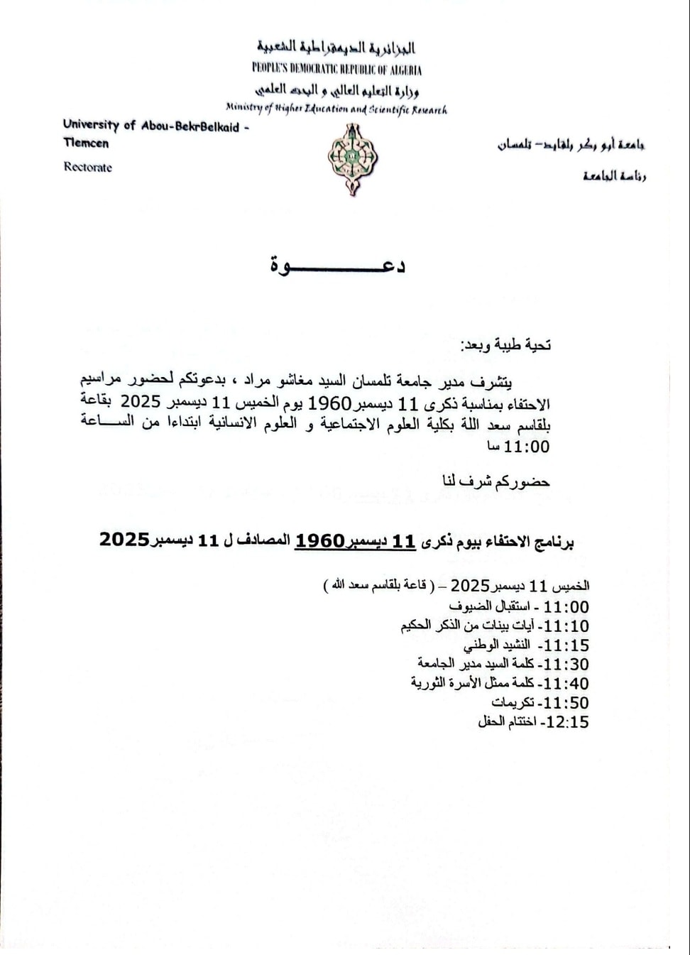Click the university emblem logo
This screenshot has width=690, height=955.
point(352,159)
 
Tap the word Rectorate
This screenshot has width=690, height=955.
point(87,168)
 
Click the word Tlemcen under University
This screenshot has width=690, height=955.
point(86,143)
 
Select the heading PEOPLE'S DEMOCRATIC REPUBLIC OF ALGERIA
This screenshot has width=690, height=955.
point(336,70)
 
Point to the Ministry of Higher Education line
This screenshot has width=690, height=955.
point(336,109)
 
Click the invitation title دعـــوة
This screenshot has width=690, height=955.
point(337,266)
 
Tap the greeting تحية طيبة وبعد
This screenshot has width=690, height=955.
point(506,345)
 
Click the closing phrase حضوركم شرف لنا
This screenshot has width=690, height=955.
point(496,481)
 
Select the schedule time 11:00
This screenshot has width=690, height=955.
point(566,607)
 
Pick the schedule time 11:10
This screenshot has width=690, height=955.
point(566,626)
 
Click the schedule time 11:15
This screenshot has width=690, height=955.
point(566,645)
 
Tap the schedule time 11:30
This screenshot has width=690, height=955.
point(566,665)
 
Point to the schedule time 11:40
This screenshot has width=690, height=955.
point(566,684)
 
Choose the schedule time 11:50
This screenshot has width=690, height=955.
point(566,703)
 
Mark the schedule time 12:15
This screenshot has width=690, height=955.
point(566,722)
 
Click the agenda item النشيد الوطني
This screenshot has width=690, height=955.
point(496,645)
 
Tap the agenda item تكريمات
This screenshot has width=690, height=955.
point(512,703)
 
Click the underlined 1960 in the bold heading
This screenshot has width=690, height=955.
point(319,541)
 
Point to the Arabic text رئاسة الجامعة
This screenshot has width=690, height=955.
point(615,176)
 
